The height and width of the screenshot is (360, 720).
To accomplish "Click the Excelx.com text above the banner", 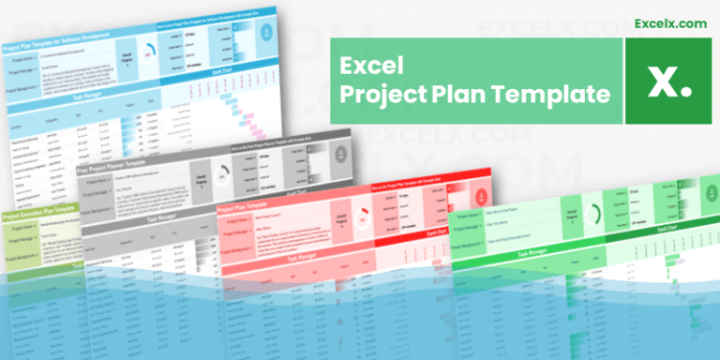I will point(669,22).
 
